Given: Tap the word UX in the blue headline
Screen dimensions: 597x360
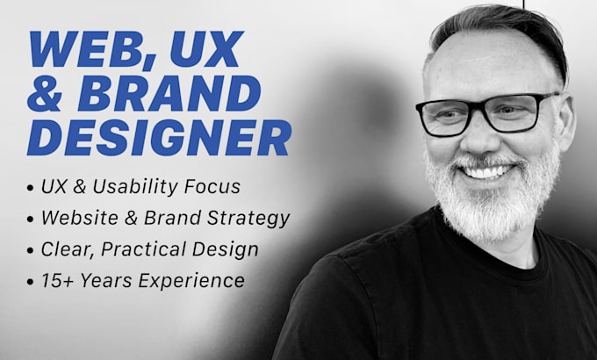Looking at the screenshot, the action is pos(206,48).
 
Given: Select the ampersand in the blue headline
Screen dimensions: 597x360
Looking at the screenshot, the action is pos(45,93).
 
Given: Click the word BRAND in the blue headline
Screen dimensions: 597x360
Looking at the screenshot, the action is pos(169,93).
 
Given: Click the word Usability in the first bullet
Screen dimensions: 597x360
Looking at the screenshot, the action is pos(135,187).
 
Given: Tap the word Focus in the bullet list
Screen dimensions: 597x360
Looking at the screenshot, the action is pos(212,187).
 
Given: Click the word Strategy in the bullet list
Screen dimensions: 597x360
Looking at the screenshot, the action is pos(248,219).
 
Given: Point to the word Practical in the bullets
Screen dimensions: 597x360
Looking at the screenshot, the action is pos(143,249).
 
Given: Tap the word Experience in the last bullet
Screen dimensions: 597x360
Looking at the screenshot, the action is pos(191,282).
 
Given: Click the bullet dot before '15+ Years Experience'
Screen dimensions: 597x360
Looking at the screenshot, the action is pos(31,282).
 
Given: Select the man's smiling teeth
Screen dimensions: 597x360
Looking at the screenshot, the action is pos(486,172).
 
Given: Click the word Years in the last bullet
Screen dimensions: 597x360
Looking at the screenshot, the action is pos(105,281).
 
